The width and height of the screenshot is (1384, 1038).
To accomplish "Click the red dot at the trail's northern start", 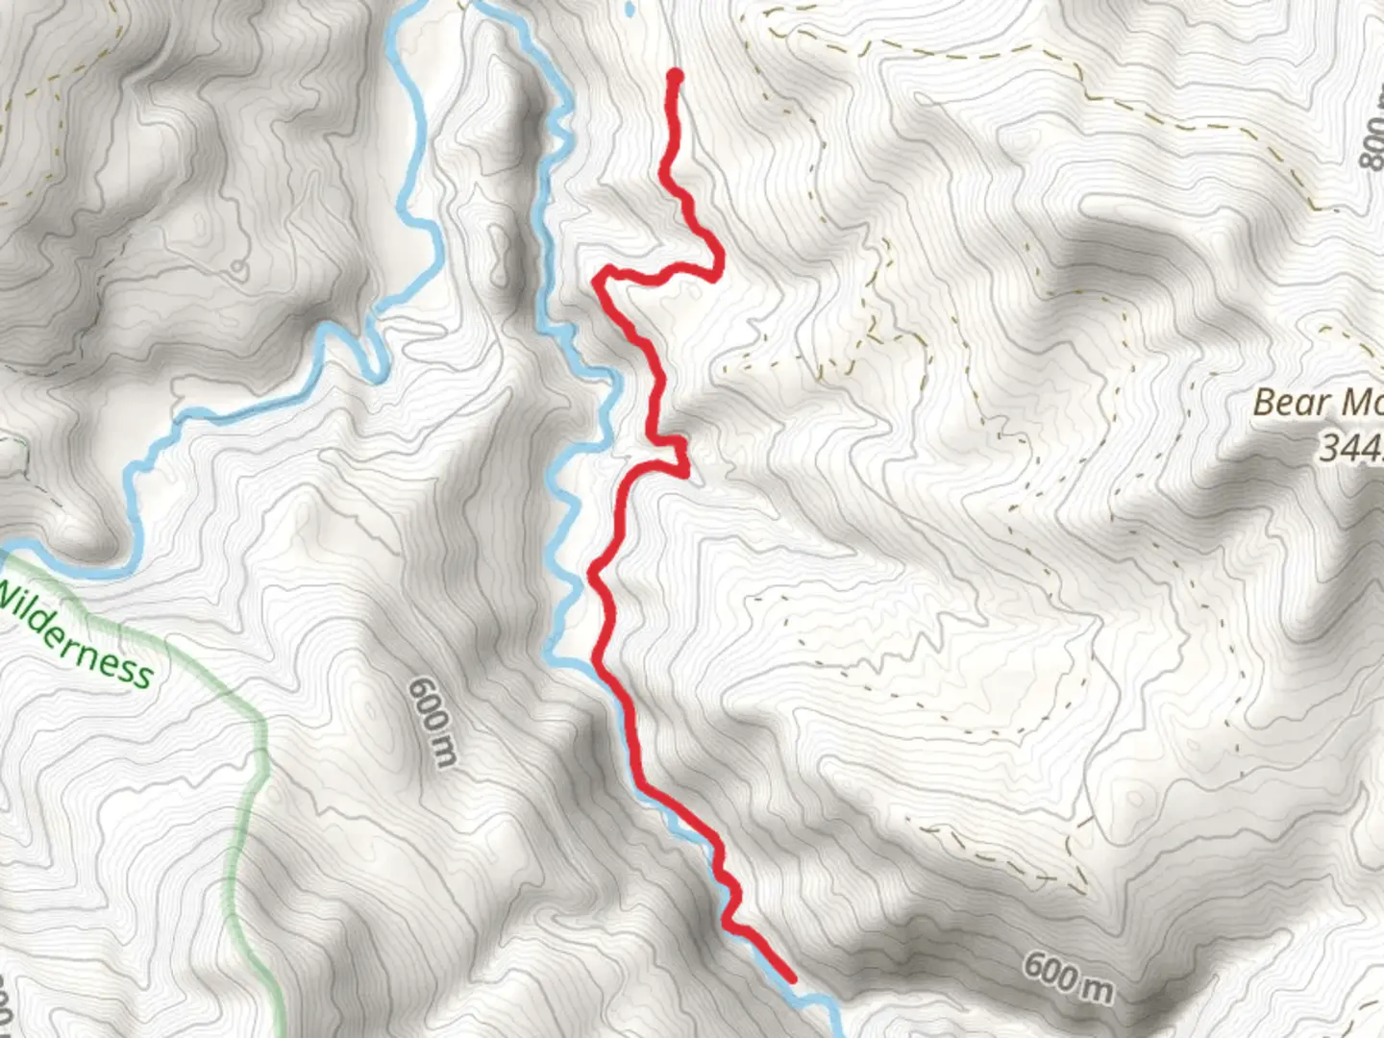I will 675,76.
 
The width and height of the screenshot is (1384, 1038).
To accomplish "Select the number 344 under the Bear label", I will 1349,448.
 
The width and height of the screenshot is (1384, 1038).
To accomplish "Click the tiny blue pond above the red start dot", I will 630,10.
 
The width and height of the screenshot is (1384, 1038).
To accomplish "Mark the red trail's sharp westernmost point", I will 599,280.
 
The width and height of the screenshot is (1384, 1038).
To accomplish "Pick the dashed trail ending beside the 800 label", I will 1336,204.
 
